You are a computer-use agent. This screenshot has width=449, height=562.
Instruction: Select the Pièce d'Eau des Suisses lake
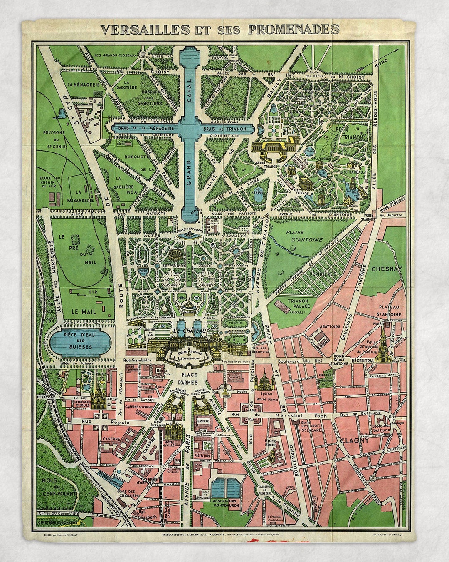point(80,340)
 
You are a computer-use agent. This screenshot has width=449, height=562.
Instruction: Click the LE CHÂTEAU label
point(189,331)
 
